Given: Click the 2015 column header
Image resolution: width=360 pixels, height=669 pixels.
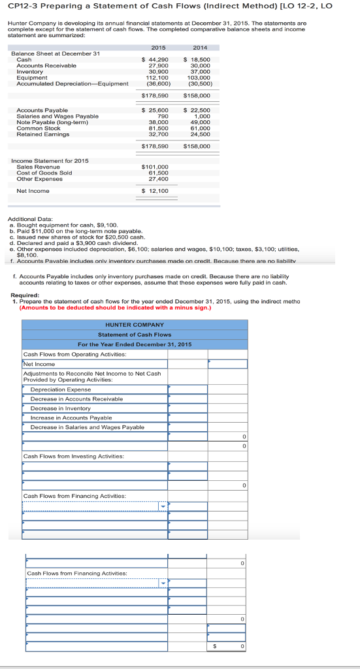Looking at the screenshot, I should [158, 47].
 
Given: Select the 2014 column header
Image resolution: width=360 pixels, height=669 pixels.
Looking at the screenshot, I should [200, 47].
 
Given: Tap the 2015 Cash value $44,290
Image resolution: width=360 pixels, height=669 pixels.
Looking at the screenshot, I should [155, 59].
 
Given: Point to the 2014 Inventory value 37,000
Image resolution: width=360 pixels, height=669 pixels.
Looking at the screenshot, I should [199, 71].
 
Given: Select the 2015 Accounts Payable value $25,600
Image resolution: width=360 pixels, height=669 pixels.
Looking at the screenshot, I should [155, 110].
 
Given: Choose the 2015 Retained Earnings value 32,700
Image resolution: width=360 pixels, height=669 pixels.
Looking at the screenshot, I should [159, 134].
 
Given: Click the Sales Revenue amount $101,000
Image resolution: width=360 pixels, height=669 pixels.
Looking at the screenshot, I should [155, 167].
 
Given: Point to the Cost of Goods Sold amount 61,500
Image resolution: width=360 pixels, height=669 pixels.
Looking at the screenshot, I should [159, 172].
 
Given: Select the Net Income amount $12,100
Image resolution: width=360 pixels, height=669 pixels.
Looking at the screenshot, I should [155, 191].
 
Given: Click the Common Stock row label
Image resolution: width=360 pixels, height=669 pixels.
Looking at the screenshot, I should [39, 128].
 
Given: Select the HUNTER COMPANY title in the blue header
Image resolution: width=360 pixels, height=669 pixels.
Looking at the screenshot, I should [135, 325].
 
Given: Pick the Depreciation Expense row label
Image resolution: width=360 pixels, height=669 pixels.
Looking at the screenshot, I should [61, 389].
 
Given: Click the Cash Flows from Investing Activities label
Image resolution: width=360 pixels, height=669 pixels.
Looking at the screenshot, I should [74, 456].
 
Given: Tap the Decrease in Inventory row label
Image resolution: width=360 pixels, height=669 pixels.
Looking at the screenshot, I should [61, 408].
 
